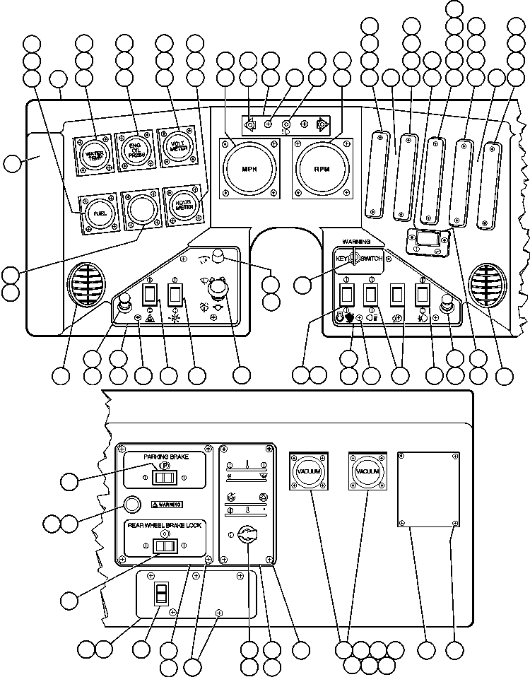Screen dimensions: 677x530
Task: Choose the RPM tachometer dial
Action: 322,170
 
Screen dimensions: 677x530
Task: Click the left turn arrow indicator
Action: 249,126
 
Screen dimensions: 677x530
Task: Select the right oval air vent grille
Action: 487,284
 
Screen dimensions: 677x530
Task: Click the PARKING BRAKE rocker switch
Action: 165,478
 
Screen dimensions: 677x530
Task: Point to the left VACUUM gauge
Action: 308,471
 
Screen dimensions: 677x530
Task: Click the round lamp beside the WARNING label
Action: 132,505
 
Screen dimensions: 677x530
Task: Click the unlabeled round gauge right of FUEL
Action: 140,209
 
